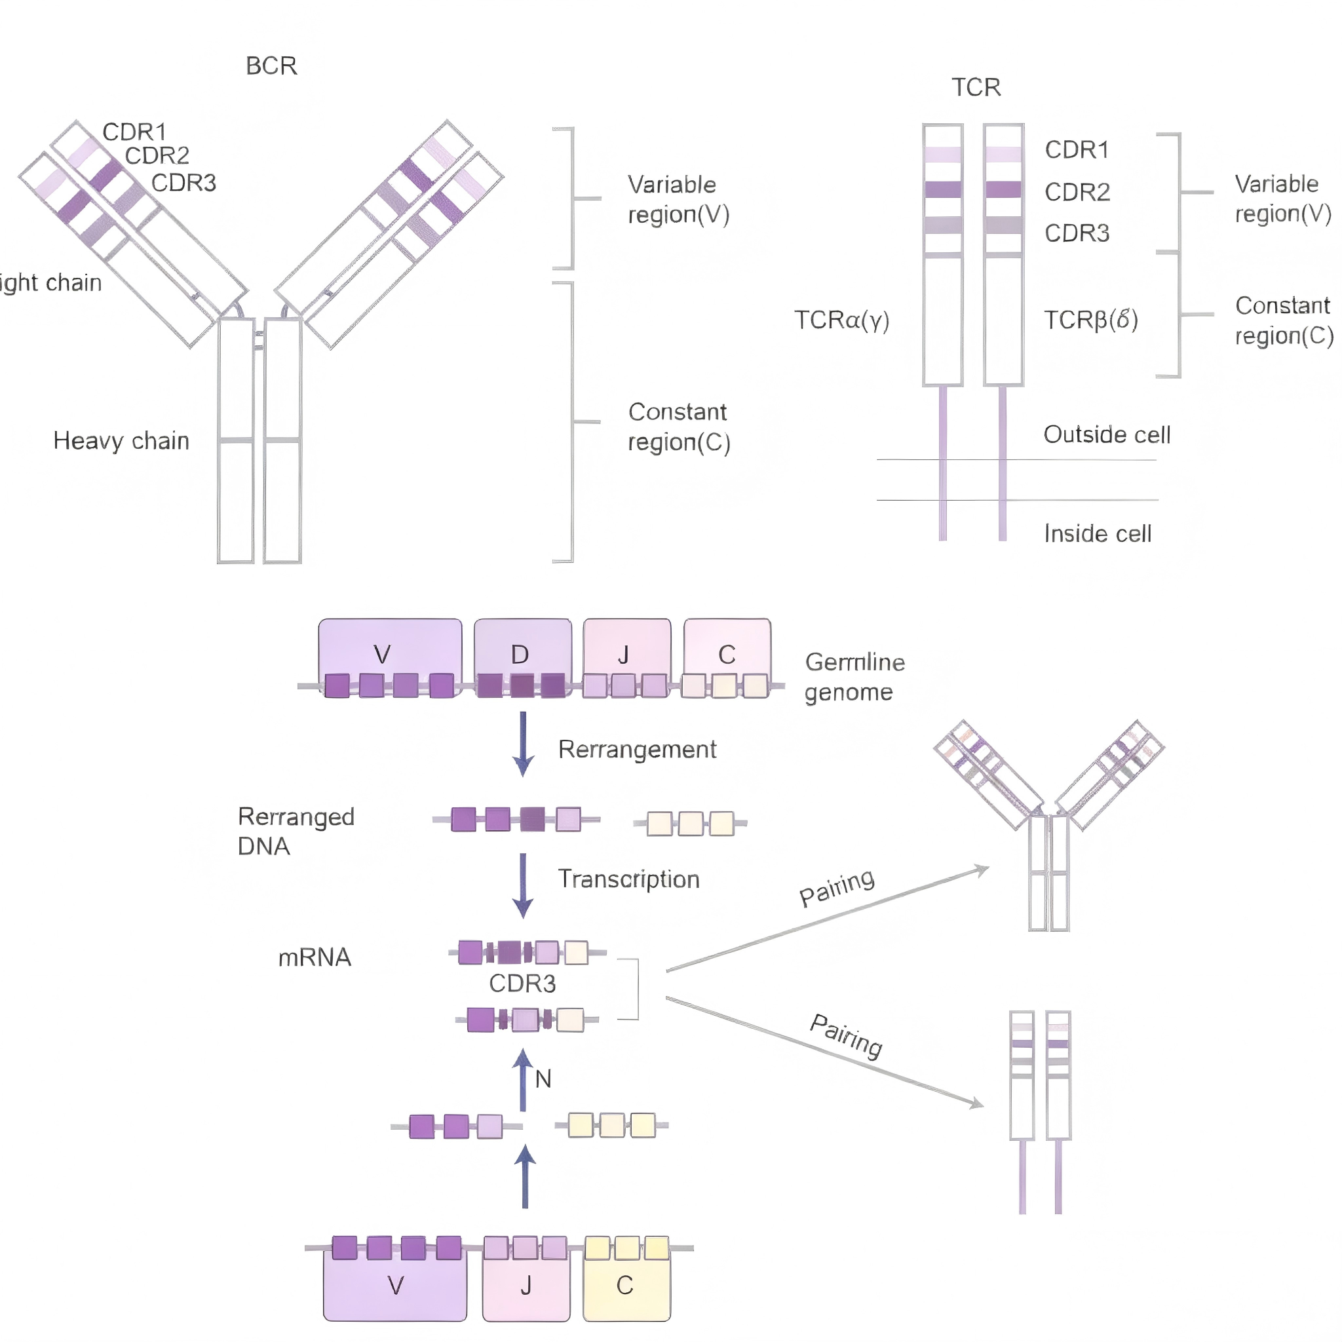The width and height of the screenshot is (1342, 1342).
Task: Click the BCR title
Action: point(271,66)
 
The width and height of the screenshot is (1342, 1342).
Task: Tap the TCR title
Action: point(976,88)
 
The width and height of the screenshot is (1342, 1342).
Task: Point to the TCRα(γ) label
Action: point(841,320)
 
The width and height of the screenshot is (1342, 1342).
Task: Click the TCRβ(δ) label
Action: point(1090,320)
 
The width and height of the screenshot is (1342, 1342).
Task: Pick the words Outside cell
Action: point(1107,435)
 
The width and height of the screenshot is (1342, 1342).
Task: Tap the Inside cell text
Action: point(1098,533)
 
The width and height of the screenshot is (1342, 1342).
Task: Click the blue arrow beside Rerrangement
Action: point(523,743)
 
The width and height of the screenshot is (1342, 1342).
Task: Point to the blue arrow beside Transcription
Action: point(523,886)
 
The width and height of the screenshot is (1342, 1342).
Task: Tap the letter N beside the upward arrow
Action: point(543,1079)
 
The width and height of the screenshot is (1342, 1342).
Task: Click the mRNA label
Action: point(315,958)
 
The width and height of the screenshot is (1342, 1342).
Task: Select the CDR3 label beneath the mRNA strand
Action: point(522,984)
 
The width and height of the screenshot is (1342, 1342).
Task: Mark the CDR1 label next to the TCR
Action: point(1077,150)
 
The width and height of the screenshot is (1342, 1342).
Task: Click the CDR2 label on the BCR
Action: point(157,155)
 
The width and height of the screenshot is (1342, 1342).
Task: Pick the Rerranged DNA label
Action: point(296,832)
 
